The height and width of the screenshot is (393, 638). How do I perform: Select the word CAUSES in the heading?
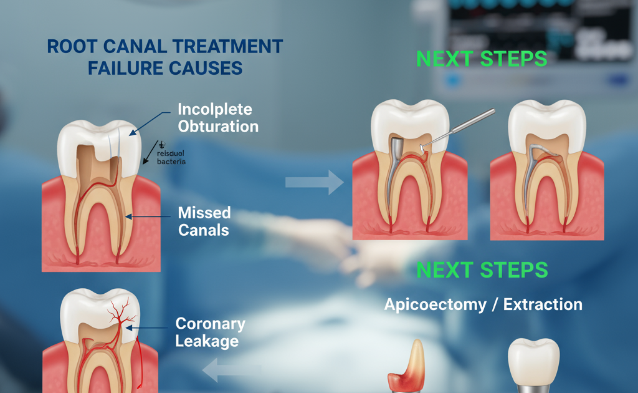tap(208, 68)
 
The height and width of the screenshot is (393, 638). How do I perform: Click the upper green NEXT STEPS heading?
tap(482, 59)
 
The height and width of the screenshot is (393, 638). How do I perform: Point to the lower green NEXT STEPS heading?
tap(482, 270)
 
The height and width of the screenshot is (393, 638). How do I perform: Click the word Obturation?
tap(218, 126)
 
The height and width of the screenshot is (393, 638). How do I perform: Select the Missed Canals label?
tap(204, 221)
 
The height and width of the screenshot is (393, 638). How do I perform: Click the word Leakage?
tap(207, 341)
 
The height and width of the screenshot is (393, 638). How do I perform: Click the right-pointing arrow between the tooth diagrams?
tap(314, 182)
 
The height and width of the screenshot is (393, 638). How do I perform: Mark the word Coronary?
tap(210, 324)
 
